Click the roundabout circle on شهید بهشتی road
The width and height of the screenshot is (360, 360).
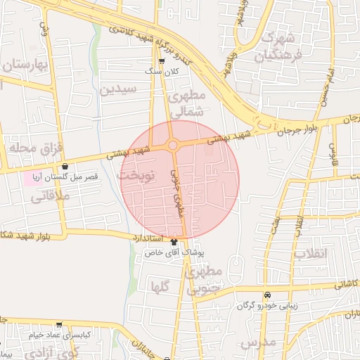(x=173, y=145)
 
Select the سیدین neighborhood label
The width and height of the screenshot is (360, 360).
(x=116, y=89)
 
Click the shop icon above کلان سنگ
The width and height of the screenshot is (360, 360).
(x=162, y=61)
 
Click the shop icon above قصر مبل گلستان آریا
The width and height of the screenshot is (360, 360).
(x=65, y=167)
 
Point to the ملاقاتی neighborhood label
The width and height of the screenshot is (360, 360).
(x=49, y=198)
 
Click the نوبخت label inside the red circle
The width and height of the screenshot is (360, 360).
(x=138, y=174)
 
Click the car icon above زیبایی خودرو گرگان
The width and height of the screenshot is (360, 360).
(x=266, y=295)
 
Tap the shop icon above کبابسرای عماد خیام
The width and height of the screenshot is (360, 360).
(x=59, y=325)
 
